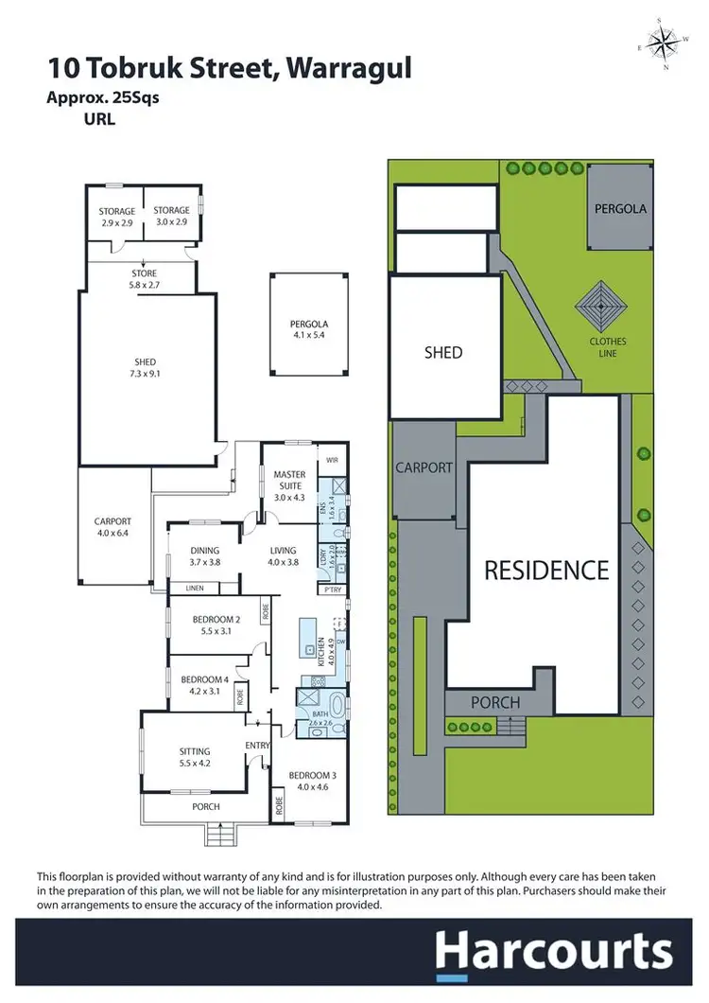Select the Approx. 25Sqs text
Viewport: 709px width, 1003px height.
[103, 97]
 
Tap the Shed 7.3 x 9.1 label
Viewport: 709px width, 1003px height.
[145, 368]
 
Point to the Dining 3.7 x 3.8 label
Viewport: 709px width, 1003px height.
[203, 555]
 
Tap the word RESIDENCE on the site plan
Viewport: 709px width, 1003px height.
[546, 571]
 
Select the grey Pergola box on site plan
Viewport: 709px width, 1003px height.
[620, 208]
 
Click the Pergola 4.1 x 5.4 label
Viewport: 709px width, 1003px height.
[308, 330]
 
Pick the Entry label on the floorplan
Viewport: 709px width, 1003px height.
[257, 746]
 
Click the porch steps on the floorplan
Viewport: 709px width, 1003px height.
[219, 835]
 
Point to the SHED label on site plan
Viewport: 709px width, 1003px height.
[442, 353]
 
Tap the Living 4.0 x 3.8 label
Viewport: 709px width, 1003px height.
[282, 555]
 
